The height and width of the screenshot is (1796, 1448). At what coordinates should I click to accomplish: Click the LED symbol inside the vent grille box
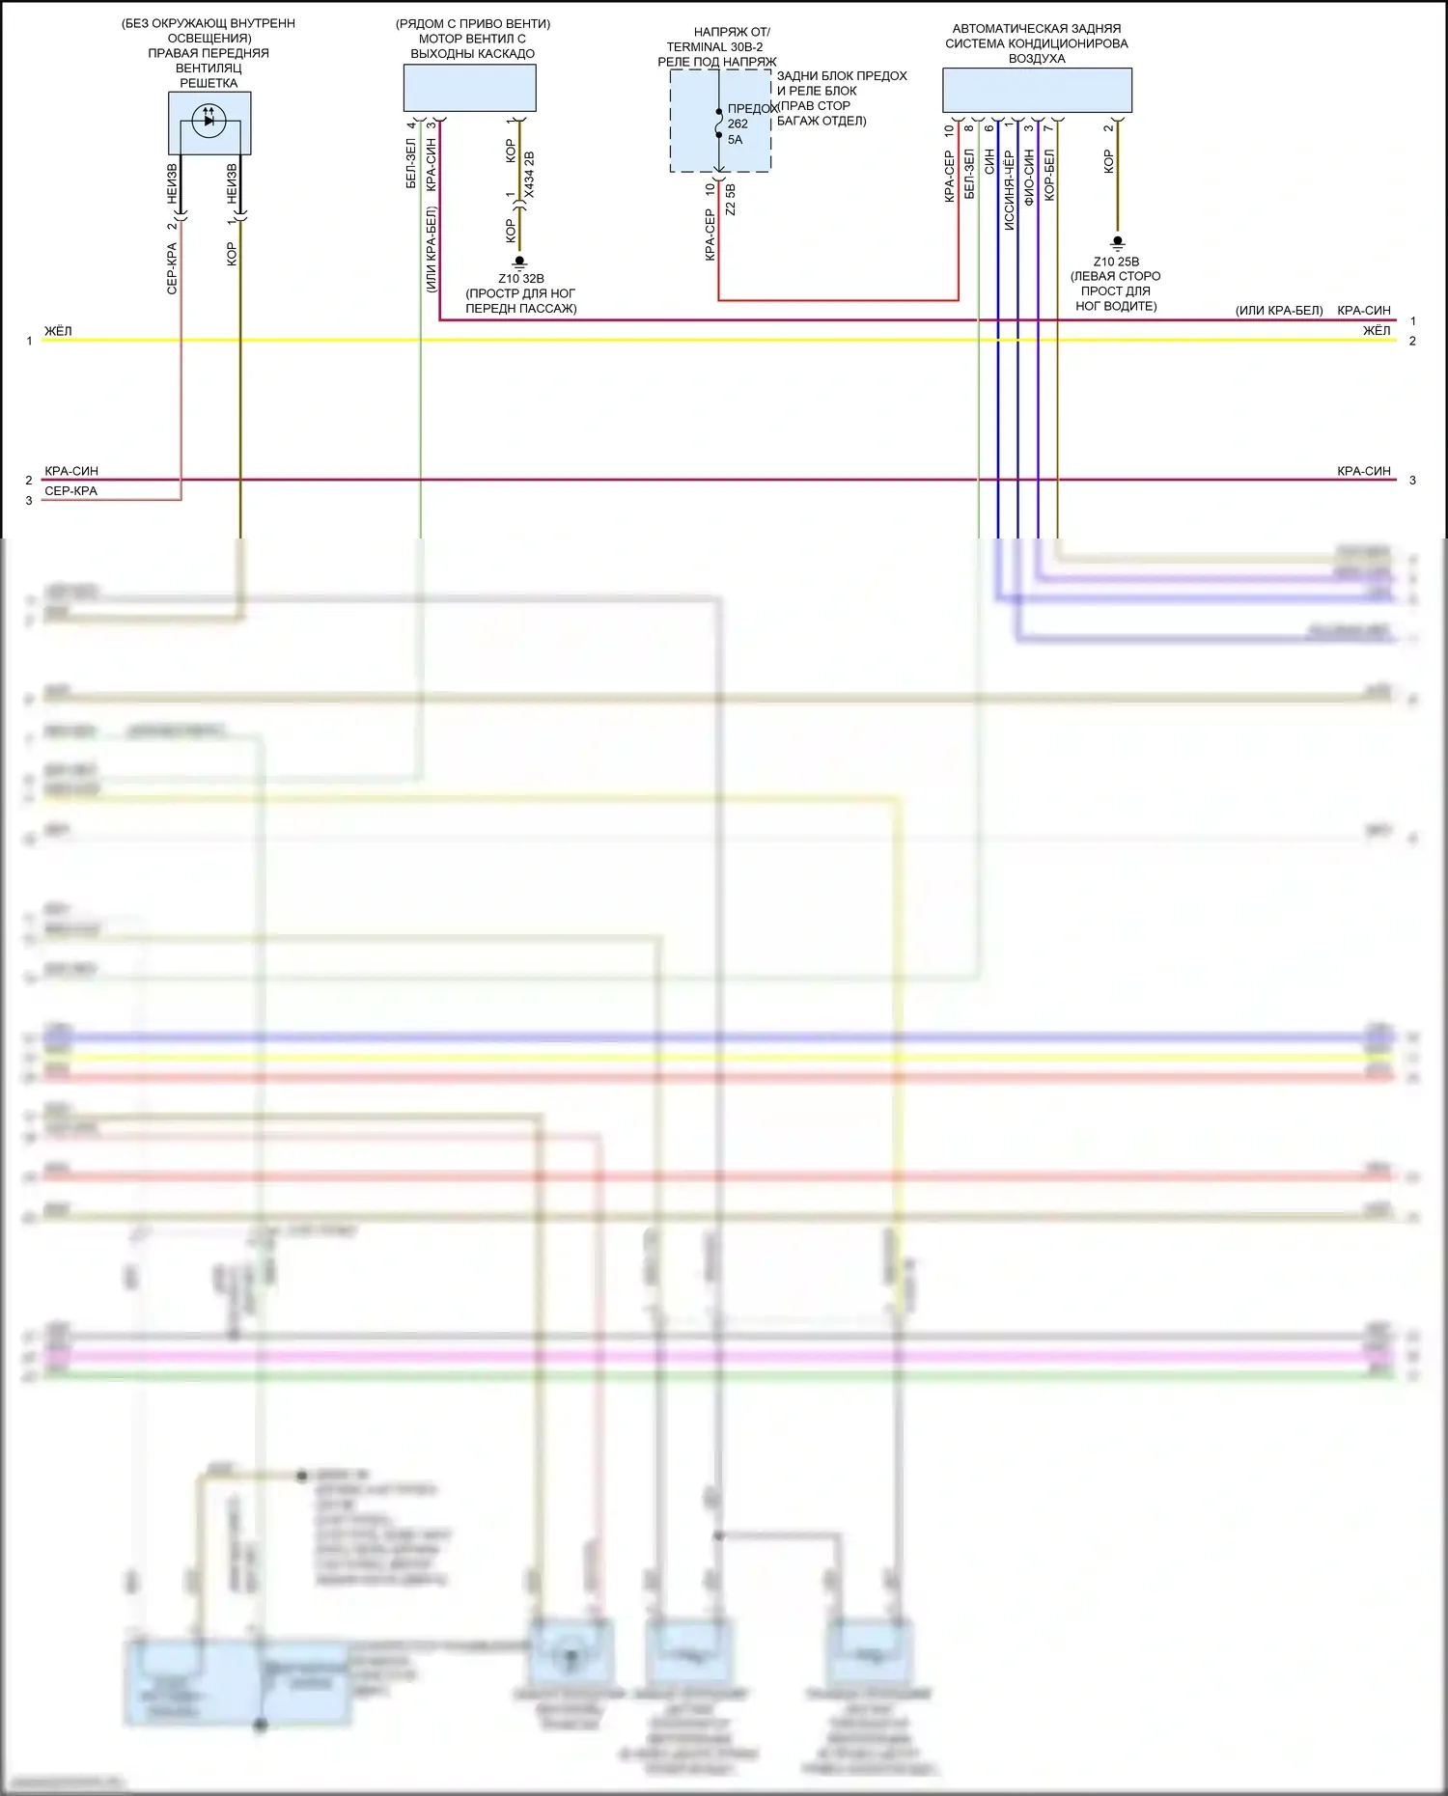coord(209,121)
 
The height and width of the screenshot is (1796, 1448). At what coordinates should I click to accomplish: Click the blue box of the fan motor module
coord(469,89)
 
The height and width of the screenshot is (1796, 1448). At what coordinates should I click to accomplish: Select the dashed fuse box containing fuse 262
coord(720,121)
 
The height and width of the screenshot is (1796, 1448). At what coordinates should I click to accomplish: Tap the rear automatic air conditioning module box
coord(1037,90)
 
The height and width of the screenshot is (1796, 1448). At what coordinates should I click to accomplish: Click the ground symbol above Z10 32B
coord(519,262)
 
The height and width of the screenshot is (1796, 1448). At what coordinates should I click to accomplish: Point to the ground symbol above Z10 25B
coord(1117,242)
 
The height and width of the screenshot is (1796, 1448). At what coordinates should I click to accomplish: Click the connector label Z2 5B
coord(731,200)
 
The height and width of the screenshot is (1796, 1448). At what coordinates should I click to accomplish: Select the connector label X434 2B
coord(529,175)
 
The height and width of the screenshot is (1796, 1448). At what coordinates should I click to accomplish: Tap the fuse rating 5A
coord(736,140)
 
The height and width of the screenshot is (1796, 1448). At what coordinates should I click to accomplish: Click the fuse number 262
coord(738,124)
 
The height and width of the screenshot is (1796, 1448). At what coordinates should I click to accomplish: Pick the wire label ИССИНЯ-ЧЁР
coord(1009,189)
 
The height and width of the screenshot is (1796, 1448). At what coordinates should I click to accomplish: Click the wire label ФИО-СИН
coord(1029,177)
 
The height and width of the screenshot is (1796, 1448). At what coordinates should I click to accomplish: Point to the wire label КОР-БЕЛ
coord(1049,175)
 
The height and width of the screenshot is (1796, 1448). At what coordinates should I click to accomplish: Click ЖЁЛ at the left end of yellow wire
coord(58,331)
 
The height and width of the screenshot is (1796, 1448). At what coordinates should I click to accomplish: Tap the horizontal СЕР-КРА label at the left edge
coord(70,491)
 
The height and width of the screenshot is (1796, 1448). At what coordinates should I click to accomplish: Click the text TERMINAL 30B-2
coord(714,47)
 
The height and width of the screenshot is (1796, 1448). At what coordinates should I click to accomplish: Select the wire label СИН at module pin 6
coord(989,161)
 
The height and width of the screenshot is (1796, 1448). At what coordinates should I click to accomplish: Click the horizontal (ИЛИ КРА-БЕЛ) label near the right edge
coord(1279,311)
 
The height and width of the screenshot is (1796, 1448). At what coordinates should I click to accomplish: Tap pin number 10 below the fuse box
coord(710,189)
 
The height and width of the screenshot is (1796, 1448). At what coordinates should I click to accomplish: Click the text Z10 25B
coord(1116,262)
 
